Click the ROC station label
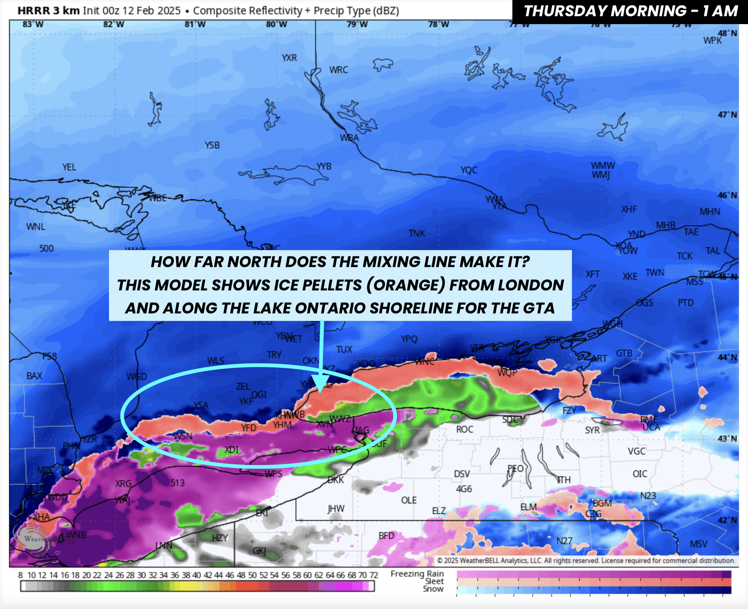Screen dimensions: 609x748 tap(464, 429)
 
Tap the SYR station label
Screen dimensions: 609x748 tap(592, 430)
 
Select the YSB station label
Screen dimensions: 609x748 tap(212, 145)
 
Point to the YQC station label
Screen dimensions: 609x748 tap(469, 170)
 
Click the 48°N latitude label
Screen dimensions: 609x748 tap(727, 33)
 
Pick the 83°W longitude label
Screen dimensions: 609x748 tap(33, 24)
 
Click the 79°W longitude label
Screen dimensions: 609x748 tap(357, 24)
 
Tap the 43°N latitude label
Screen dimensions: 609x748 tap(727, 439)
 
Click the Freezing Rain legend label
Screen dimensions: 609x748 tap(417, 574)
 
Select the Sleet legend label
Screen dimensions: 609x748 tap(434, 581)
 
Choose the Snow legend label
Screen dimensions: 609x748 tap(433, 589)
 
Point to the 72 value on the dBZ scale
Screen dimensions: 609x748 tap(373, 575)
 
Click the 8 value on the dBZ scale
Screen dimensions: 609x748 tap(20, 575)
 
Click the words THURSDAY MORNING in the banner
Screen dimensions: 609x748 tap(605, 11)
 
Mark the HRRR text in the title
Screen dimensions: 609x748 tap(34, 11)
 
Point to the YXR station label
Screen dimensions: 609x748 tap(289, 58)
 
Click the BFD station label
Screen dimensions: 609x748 tap(386, 536)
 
